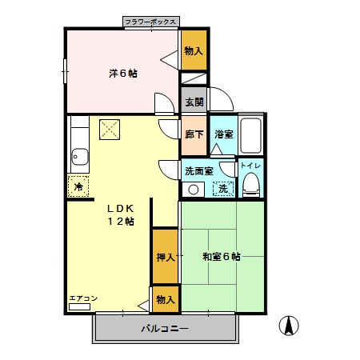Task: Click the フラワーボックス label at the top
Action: [x=152, y=22]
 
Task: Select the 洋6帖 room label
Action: [x=122, y=73]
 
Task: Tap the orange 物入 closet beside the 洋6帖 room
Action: [x=194, y=51]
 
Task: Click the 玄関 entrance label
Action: [x=194, y=102]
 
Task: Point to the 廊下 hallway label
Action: [x=194, y=134]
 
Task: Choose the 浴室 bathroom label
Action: [x=223, y=134]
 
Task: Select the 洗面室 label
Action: [x=198, y=170]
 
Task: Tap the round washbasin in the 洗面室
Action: [x=192, y=190]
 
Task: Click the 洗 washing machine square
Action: [x=224, y=190]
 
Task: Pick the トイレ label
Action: [x=250, y=166]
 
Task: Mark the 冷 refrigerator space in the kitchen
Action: [x=78, y=186]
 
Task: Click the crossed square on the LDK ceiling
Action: [x=109, y=128]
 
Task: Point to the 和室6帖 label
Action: [x=222, y=257]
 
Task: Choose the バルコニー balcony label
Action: [x=165, y=329]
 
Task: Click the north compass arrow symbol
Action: [x=287, y=326]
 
